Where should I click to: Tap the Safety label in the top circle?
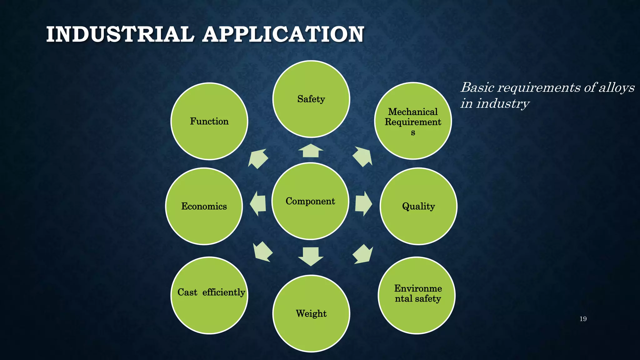pos(311,99)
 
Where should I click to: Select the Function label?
pos(209,121)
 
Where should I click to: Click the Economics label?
pos(204,206)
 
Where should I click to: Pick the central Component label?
pos(310,201)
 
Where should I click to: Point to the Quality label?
pos(418,206)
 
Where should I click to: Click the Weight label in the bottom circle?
pos(311,313)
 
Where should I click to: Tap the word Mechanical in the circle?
pos(413,112)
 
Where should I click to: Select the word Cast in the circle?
pos(187,292)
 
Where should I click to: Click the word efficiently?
pos(223,292)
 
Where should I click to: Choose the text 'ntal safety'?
pos(417,299)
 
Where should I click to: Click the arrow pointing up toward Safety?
pos(311,151)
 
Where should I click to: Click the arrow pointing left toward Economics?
pos(258,204)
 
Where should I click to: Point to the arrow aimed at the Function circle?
pos(258,159)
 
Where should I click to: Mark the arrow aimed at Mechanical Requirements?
pos(362,157)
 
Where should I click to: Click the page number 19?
pos(583,319)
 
